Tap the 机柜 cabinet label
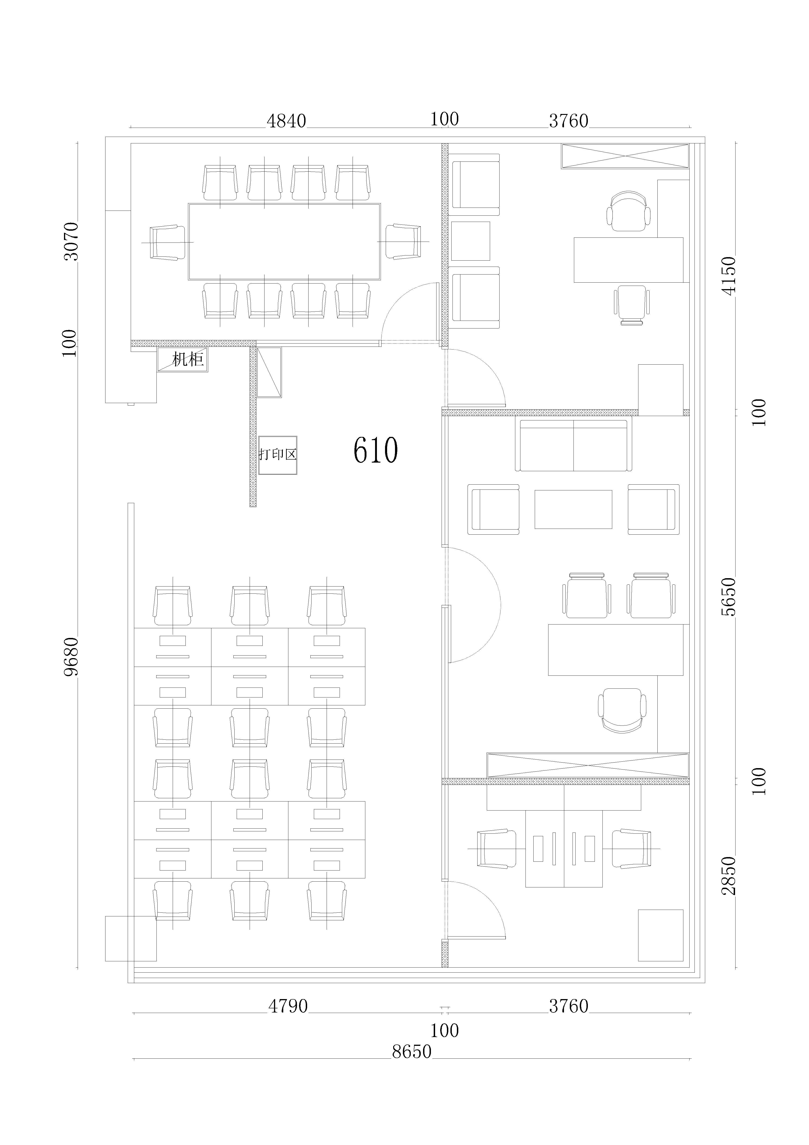[188, 359]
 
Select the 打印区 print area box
[277, 455]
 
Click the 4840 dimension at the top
[287, 121]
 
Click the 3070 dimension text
[71, 241]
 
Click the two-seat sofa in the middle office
[573, 445]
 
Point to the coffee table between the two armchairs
[573, 509]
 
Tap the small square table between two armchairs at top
[470, 241]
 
